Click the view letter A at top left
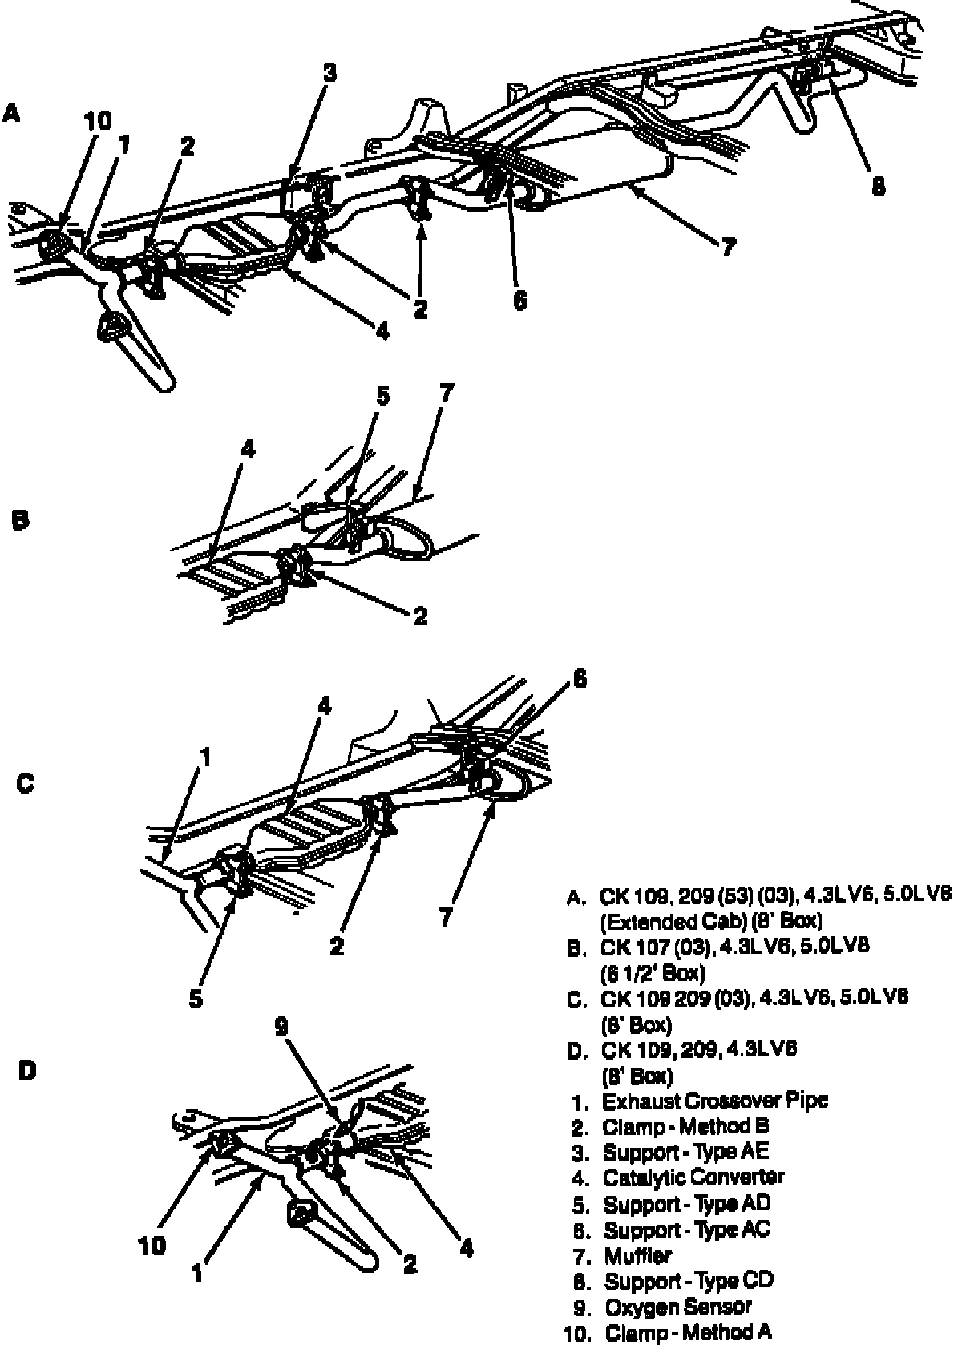coord(10,113)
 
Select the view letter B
coord(21,520)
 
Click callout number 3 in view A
coord(329,74)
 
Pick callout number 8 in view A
coord(879,186)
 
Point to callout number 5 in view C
coord(196,999)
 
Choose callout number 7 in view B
coord(447,394)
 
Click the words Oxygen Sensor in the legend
coord(677,1307)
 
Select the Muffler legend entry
coord(637,1255)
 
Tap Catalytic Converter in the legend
coord(693,1177)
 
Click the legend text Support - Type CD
coord(689,1281)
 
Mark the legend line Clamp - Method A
coord(689,1333)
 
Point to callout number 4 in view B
coord(248,450)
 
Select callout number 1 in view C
coord(206,757)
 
